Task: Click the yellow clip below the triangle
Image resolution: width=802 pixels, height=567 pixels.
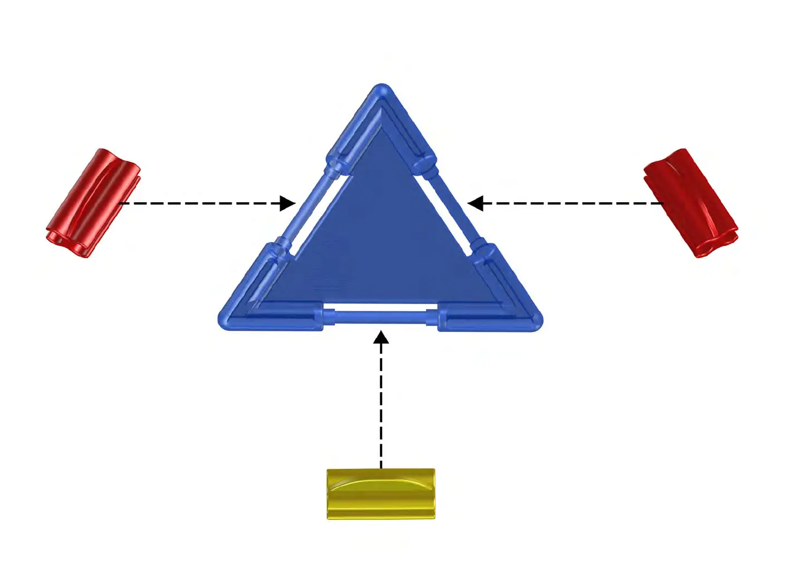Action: (x=380, y=494)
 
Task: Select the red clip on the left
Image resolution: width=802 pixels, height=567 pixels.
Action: (x=93, y=203)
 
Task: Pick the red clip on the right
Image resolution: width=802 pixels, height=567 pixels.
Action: (x=691, y=203)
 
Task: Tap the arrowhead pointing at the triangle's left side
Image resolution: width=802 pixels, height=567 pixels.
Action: (x=288, y=203)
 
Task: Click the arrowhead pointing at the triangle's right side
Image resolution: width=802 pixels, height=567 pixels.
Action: (x=475, y=203)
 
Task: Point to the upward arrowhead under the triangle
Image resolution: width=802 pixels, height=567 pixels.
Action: (x=381, y=338)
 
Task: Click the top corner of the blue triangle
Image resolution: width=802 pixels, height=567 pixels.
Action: (x=382, y=90)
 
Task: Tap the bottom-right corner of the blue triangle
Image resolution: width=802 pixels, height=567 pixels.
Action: (x=535, y=321)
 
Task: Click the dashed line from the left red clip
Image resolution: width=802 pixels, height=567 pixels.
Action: (x=206, y=203)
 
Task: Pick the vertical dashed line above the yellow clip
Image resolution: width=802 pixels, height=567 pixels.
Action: (x=381, y=401)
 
